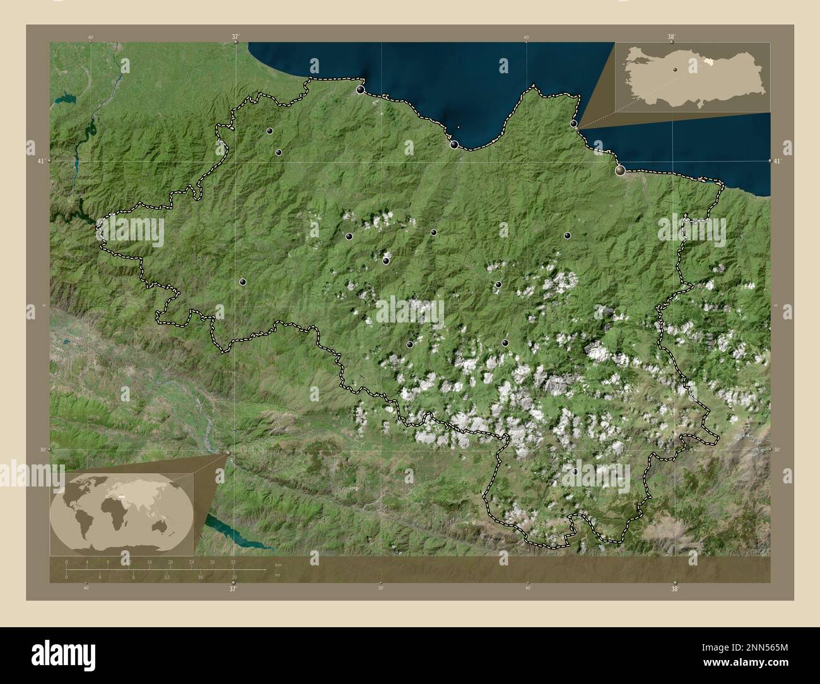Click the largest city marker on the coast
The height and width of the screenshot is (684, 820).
pyautogui.click(x=621, y=169)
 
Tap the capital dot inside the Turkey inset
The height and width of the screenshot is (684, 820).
pyautogui.click(x=675, y=69)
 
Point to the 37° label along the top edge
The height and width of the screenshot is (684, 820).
pyautogui.click(x=235, y=37)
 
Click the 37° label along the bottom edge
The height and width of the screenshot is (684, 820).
pyautogui.click(x=233, y=589)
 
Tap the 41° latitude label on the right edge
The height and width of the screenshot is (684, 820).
pyautogui.click(x=777, y=162)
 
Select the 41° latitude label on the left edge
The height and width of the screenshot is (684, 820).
pyautogui.click(x=41, y=162)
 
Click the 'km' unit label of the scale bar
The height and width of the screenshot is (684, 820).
pyautogui.click(x=278, y=563)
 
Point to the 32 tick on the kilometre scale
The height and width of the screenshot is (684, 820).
pyautogui.click(x=233, y=562)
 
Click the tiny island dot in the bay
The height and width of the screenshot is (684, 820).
pyautogui.click(x=458, y=126)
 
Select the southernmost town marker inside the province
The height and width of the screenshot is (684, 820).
pyautogui.click(x=575, y=471)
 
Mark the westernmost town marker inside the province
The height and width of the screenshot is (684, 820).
pyautogui.click(x=242, y=283)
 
